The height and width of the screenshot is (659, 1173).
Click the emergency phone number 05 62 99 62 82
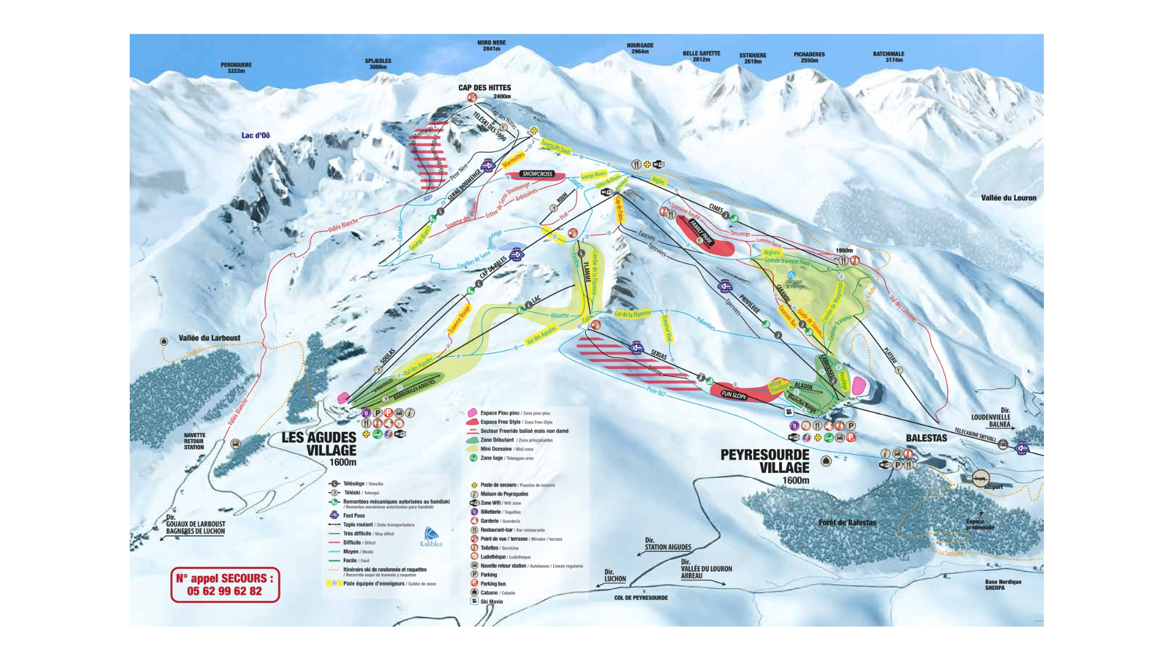(x=224, y=591)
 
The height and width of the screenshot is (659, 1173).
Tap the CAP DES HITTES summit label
(x=484, y=87)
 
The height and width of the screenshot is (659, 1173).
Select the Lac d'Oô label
(x=255, y=135)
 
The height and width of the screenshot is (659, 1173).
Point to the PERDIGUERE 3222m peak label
(x=236, y=67)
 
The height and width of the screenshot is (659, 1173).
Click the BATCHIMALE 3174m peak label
(x=888, y=57)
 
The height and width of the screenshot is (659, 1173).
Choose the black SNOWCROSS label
(x=537, y=174)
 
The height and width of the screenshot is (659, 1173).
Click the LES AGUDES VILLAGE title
(x=319, y=444)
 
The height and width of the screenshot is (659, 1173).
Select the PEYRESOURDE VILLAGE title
(x=765, y=461)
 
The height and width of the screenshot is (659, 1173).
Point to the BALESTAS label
(x=926, y=438)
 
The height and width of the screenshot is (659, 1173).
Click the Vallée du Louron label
(x=1008, y=198)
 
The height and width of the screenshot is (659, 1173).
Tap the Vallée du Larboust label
(x=209, y=338)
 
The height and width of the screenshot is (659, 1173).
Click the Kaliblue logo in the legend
(x=431, y=537)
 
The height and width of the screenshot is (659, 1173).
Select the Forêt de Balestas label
(x=847, y=523)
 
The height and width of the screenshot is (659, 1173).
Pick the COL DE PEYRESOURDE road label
(x=641, y=597)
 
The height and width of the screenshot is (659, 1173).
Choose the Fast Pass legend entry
(x=354, y=515)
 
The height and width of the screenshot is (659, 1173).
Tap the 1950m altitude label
(x=844, y=251)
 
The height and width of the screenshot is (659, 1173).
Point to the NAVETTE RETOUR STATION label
(x=194, y=441)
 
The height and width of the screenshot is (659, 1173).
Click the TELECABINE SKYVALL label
(x=975, y=434)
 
